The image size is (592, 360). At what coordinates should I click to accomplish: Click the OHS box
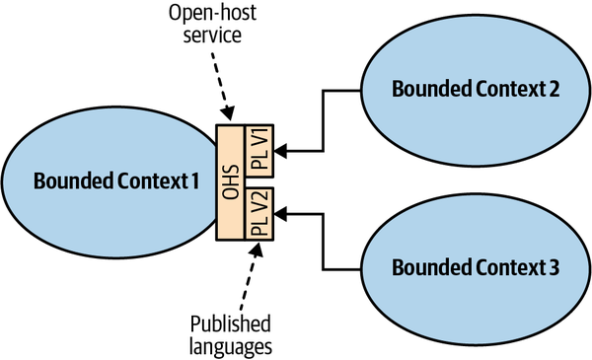231,182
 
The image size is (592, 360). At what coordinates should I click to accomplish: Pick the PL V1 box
260,151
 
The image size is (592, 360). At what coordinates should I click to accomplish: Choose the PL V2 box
260,214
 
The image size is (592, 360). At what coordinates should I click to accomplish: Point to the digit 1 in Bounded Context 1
195,182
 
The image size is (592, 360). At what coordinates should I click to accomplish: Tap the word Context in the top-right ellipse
505,89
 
